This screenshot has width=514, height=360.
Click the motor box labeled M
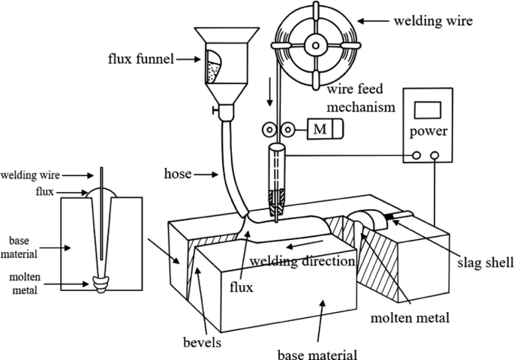(320, 129)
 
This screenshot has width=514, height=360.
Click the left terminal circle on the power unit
(416, 156)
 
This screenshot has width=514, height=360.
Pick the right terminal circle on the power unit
(434, 156)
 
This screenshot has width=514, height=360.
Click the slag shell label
(476, 264)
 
